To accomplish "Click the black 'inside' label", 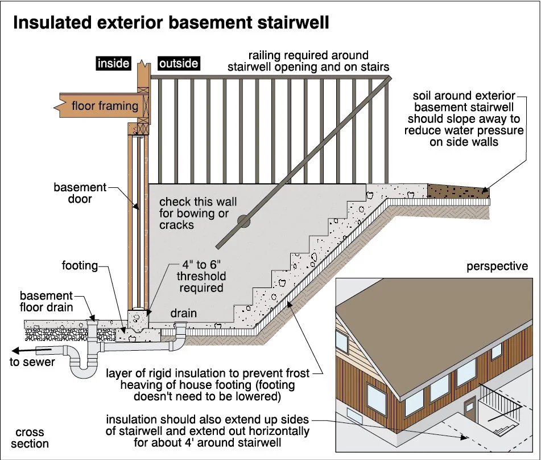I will (x=114, y=63).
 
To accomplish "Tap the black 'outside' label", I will (x=179, y=63).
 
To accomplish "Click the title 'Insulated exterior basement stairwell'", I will (x=171, y=23).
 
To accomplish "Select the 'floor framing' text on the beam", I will (x=105, y=105).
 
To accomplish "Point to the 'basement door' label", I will (x=80, y=193).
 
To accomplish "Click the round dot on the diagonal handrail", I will (x=243, y=221).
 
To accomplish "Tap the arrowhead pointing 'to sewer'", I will (x=16, y=350).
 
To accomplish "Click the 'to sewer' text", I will (x=32, y=362).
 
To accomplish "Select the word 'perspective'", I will (x=497, y=266).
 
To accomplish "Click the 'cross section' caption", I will (x=32, y=438).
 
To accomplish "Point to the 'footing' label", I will (x=80, y=265).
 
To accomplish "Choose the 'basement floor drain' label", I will (x=47, y=302).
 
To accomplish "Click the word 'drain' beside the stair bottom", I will (x=184, y=313).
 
